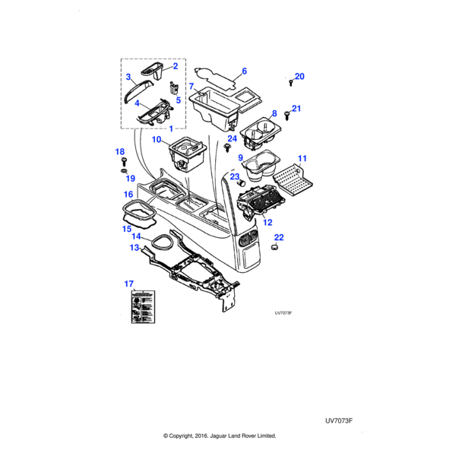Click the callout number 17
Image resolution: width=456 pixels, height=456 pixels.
(128, 283)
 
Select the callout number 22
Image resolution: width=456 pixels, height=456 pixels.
(279, 237)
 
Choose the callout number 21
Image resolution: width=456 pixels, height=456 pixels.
(296, 109)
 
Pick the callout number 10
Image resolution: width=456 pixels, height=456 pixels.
(156, 140)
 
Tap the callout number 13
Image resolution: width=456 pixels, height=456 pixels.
(135, 248)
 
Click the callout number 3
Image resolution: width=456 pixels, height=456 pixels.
(129, 77)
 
